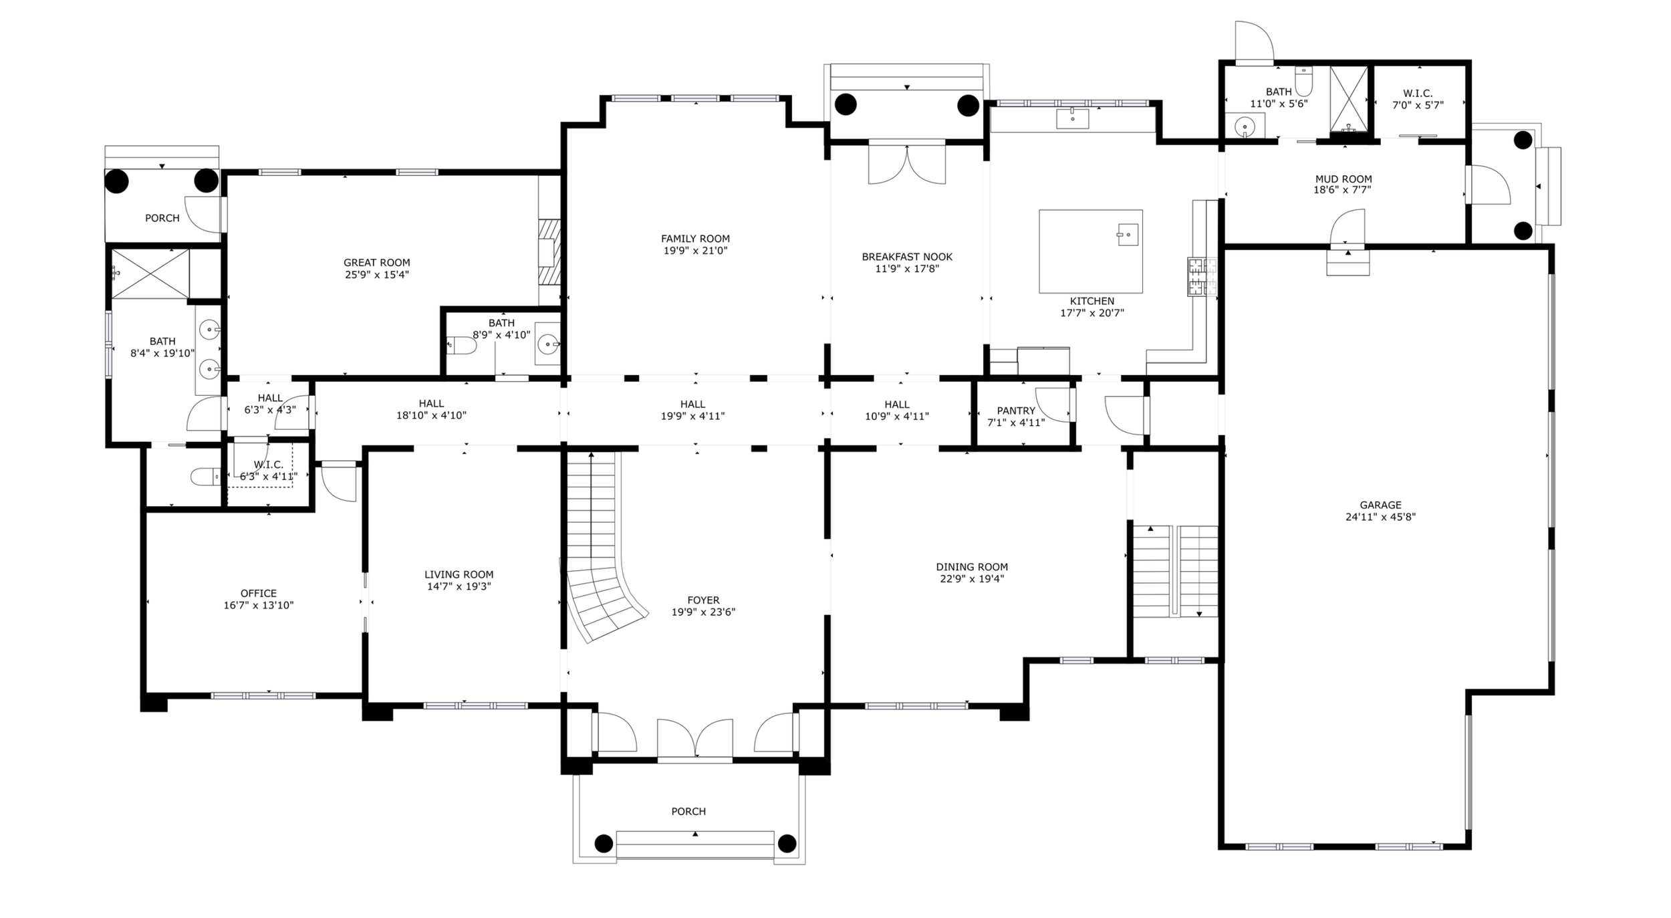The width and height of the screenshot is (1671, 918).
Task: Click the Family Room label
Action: [x=695, y=239]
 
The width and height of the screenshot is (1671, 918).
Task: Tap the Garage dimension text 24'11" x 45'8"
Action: [x=1380, y=517]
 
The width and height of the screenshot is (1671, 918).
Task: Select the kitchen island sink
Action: [x=1128, y=235]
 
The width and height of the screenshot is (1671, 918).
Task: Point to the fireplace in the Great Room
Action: [x=549, y=253]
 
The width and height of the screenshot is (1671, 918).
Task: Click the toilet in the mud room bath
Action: [x=1304, y=82]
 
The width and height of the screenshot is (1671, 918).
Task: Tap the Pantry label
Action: [x=1016, y=411]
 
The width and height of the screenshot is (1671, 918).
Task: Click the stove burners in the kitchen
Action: [x=1202, y=276]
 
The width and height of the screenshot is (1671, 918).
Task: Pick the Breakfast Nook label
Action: [x=907, y=257]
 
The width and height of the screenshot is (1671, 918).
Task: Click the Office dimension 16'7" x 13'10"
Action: [x=259, y=606]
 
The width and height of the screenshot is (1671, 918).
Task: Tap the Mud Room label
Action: [x=1343, y=179]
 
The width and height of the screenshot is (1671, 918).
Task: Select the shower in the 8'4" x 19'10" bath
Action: [x=150, y=273]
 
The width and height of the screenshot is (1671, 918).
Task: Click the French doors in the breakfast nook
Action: [x=906, y=164]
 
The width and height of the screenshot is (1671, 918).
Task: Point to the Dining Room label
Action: [x=972, y=567]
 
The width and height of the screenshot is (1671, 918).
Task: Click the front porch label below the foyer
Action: [x=688, y=811]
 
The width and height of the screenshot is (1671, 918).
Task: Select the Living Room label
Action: [x=459, y=574]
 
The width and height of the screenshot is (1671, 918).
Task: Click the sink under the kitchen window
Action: [x=1072, y=118]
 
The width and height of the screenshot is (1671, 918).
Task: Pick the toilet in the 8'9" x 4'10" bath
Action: [x=462, y=346]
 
